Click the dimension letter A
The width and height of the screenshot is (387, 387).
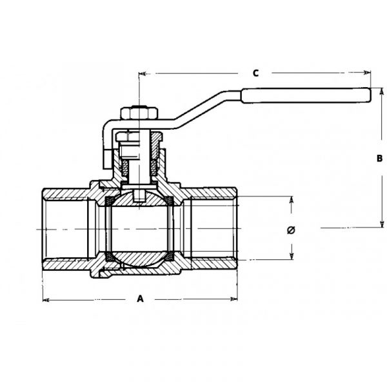pos(140,299)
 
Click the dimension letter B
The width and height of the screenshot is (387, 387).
pos(380,158)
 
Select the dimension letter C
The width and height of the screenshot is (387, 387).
pos(255,73)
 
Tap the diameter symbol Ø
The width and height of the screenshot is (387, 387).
pos(292,230)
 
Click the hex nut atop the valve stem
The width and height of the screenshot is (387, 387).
pos(139,113)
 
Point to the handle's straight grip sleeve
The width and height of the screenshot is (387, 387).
pos(306,95)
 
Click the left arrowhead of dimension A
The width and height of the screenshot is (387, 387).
pos(46,300)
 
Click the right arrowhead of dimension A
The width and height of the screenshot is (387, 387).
pos(233,299)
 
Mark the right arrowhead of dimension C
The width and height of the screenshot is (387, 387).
pos(367,72)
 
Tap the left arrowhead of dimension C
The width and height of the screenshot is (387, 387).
pos(143,74)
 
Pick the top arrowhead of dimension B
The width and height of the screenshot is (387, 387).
pos(382,92)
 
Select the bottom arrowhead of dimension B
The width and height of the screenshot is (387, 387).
pos(382,224)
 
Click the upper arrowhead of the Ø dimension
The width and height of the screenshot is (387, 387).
pos(292,200)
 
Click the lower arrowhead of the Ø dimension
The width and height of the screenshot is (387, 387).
pos(292,255)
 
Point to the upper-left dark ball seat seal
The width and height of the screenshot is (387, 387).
pos(109,201)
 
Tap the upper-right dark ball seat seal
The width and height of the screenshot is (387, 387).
pos(170,201)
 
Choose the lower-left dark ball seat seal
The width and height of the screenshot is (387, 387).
pos(110,257)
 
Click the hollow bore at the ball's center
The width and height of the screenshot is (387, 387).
pos(139,229)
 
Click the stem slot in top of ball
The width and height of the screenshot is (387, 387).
pos(139,195)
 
